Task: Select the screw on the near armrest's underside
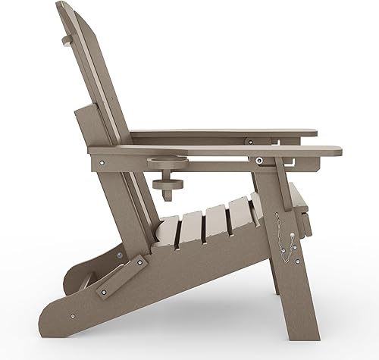pos(260,160)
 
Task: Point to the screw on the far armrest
pos(248,139)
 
